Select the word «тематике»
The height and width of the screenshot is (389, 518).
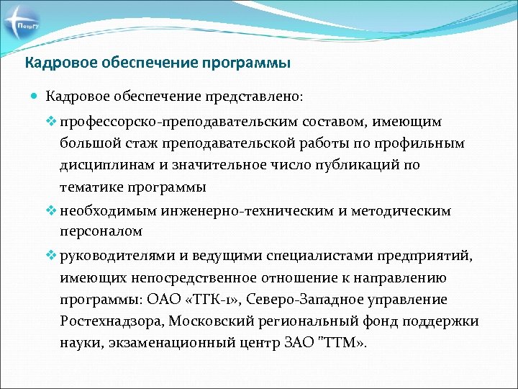pos(91,187)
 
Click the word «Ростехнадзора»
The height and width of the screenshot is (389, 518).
pos(107,321)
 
